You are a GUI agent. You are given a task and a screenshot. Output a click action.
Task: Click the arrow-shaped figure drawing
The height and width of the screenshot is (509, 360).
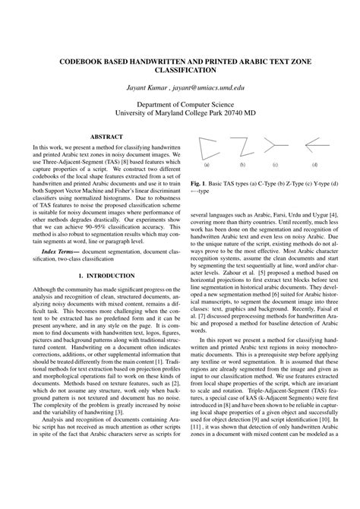click(315, 144)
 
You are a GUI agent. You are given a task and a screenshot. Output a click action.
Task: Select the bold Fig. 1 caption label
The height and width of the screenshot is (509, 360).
click(199, 182)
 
